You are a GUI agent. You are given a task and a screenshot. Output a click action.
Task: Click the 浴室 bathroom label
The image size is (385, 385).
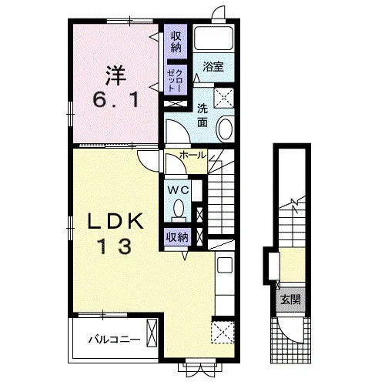213,67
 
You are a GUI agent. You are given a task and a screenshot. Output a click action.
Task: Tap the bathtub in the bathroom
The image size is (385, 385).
213,38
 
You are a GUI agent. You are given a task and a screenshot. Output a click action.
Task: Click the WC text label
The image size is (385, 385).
178,190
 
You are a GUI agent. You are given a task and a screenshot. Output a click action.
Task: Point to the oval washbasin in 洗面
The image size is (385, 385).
226,129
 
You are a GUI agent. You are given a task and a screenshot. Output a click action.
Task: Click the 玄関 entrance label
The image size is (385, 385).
290,300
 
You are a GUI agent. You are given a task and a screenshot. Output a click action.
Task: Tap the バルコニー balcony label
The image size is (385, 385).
115,340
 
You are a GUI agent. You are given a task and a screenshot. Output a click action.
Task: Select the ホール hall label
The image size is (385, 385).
192,156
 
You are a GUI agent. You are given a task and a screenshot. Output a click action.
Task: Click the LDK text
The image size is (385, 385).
115,222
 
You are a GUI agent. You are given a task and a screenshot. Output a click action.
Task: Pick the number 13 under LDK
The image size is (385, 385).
115,246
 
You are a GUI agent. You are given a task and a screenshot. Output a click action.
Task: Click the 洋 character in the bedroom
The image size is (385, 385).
115,76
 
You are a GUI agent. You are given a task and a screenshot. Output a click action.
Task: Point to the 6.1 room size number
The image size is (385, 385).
115,100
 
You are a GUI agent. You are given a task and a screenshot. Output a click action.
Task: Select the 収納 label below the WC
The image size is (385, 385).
178,237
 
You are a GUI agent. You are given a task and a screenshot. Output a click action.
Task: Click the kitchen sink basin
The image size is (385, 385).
225,265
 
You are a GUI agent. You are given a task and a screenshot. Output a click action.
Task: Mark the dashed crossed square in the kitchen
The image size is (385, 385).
223,332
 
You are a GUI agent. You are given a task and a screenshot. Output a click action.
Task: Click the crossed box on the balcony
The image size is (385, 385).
152,333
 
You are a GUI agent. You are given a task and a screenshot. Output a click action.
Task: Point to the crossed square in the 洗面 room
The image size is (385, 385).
224,98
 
